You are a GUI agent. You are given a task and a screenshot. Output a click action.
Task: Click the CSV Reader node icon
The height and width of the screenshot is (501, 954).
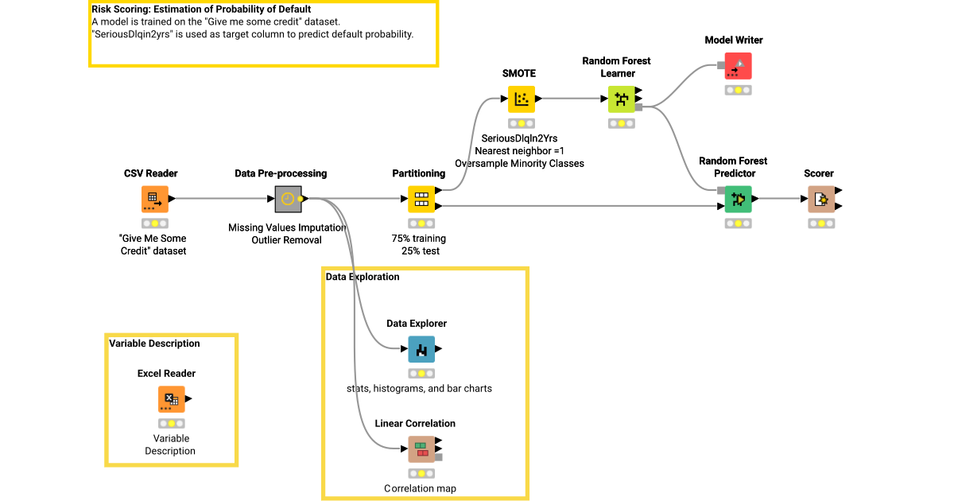click(155, 199)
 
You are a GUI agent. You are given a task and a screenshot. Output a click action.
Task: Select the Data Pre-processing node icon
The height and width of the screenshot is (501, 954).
click(288, 199)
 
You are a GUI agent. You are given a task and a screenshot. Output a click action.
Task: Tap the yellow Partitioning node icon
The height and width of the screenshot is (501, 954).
click(421, 199)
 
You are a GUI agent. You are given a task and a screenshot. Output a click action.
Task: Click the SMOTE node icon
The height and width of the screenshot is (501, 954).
click(522, 99)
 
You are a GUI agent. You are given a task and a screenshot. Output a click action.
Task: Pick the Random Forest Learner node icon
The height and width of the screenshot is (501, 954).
click(621, 99)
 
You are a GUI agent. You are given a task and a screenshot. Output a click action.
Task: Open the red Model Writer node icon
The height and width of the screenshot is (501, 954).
click(738, 66)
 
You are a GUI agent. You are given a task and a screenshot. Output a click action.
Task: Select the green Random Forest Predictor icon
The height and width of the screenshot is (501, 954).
click(738, 199)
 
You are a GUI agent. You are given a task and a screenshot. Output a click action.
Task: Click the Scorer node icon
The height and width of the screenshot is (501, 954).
click(820, 199)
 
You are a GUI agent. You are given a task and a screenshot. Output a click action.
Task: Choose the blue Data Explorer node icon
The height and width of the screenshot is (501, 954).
click(421, 349)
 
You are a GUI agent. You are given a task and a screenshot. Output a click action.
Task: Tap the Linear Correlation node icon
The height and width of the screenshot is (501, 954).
click(421, 449)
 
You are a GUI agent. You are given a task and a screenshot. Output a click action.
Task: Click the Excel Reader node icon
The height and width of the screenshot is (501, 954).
click(171, 399)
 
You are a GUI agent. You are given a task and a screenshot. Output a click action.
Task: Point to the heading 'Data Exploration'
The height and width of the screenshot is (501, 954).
click(363, 277)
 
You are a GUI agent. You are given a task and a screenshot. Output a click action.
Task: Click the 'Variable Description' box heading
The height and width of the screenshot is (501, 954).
click(154, 344)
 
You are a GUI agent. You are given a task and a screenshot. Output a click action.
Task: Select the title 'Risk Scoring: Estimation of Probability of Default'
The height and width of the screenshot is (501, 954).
click(201, 10)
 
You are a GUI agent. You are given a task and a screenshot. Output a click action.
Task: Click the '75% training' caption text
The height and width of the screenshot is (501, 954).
click(419, 239)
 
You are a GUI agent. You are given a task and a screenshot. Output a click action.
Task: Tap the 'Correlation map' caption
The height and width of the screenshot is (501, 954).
click(420, 488)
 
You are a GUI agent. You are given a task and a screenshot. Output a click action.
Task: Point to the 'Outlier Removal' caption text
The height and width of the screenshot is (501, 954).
click(286, 240)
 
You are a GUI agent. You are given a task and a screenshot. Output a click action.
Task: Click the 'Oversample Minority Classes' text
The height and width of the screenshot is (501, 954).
click(519, 164)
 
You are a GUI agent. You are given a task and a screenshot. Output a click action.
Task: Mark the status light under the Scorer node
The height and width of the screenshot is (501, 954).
click(820, 223)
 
